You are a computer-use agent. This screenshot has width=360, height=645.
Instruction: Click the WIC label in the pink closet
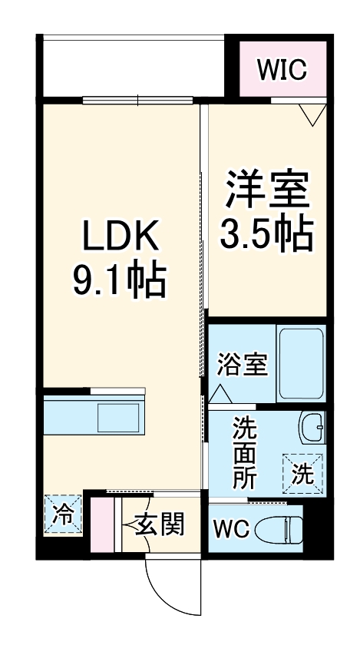tap(282, 70)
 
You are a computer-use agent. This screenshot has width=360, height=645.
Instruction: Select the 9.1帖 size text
tap(120, 281)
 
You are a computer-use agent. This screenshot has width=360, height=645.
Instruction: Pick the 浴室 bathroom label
tap(242, 365)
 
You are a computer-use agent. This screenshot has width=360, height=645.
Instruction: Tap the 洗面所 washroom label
tap(246, 453)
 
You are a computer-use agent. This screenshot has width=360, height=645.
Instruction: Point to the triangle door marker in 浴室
tap(221, 394)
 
